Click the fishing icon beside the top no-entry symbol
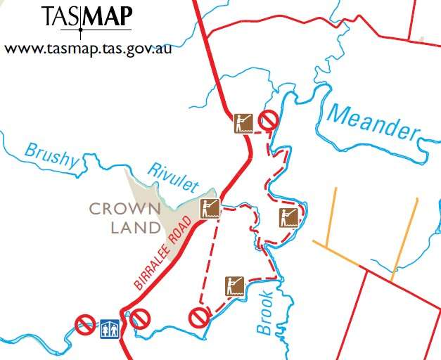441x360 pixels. click(243, 123)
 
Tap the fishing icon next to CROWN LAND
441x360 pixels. click(209, 207)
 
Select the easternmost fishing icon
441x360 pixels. click(288, 217)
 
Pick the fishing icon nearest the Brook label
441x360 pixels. click(234, 285)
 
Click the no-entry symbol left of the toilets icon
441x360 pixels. click(85, 324)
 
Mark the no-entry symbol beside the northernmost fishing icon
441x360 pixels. click(267, 120)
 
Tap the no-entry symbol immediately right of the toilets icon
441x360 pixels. click(141, 319)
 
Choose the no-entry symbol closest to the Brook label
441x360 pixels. click(199, 318)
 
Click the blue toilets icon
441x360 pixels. click(108, 328)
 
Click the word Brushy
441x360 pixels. click(51, 155)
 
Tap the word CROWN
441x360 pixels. click(125, 209)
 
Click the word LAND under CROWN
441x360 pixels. click(136, 227)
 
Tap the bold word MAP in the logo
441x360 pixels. click(106, 16)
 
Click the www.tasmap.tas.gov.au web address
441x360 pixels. click(88, 49)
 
